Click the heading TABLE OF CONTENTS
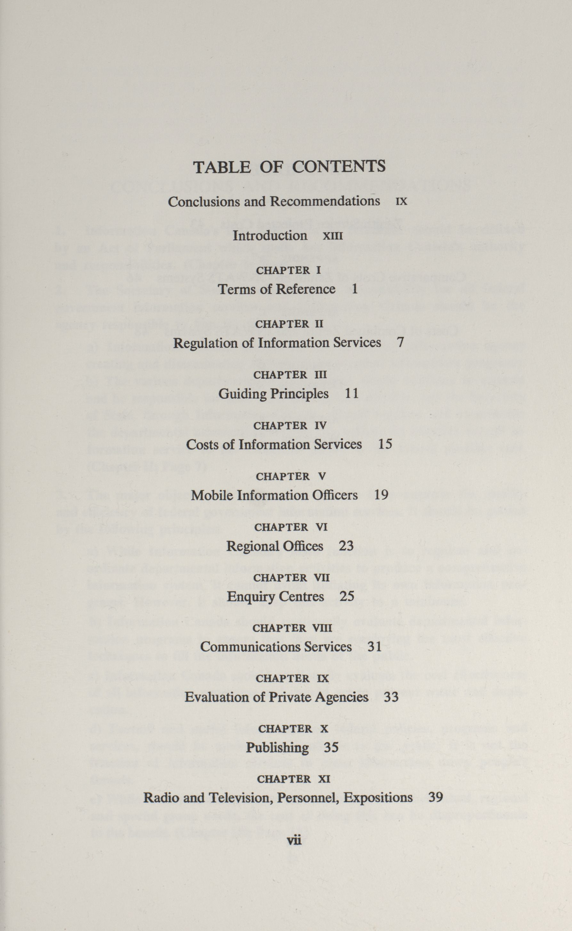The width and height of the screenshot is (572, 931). click(289, 167)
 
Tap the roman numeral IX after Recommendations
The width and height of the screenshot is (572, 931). click(401, 202)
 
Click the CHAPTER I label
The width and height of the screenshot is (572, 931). click(288, 270)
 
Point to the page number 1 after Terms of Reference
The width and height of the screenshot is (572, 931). click(354, 289)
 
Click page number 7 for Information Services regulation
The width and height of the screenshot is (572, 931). click(400, 342)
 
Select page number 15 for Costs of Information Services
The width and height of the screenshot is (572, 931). click(385, 444)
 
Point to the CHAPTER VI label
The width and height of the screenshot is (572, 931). click(291, 527)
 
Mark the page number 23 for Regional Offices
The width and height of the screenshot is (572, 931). click(346, 546)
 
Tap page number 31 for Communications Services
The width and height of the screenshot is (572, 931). click(375, 647)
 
